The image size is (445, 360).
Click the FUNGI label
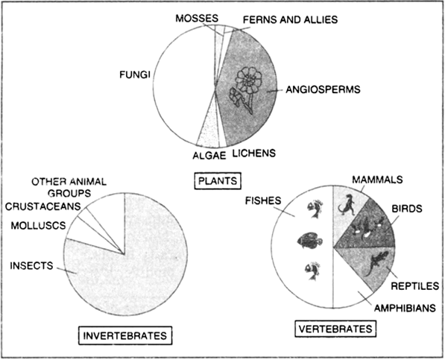[x=134, y=75]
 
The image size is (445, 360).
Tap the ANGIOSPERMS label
[x=323, y=89]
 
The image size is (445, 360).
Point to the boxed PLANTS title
[x=218, y=180]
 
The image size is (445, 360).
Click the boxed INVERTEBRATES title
[x=125, y=335]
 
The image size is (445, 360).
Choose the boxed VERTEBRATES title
[x=335, y=329]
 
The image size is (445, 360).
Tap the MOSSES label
[x=197, y=19]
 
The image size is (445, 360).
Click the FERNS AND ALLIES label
[x=290, y=19]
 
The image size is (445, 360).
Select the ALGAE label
[x=209, y=156]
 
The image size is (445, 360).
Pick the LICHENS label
[x=254, y=154]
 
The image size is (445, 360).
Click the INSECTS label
[x=31, y=265]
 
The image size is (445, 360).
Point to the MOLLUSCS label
[x=38, y=226]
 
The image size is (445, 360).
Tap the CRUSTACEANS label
[x=42, y=206]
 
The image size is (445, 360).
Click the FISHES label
[x=263, y=200]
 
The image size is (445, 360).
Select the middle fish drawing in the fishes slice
[x=310, y=240]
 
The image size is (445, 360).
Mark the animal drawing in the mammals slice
[x=347, y=205]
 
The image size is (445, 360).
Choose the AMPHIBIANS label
[x=405, y=308]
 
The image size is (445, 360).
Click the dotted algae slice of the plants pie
[x=209, y=131]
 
